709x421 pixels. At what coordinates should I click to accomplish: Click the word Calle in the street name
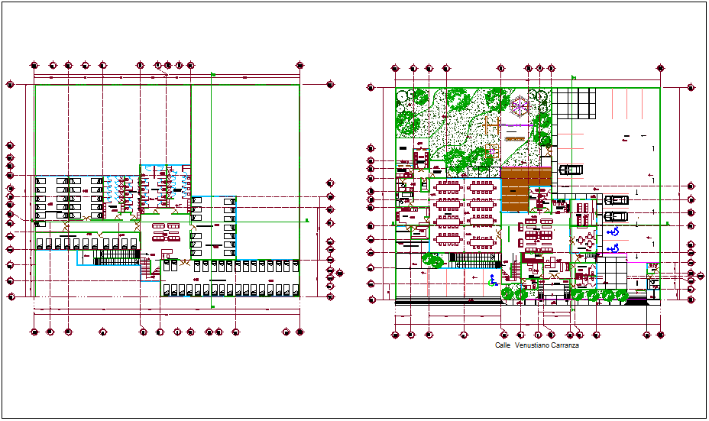[502, 345]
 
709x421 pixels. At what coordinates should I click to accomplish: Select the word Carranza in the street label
[565, 345]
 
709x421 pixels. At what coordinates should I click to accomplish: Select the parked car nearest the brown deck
[570, 170]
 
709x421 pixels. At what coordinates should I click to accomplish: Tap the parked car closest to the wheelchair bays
[616, 216]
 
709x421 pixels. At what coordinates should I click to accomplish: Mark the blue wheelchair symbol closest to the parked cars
[612, 232]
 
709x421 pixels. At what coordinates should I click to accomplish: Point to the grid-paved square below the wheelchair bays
[610, 271]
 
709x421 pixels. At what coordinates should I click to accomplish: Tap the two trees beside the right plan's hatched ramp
[434, 260]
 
